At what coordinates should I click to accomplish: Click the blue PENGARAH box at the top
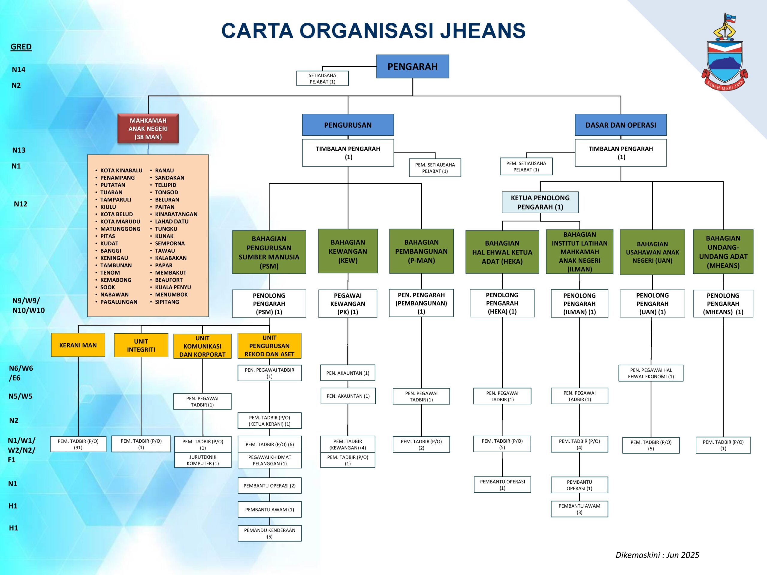pos(412,66)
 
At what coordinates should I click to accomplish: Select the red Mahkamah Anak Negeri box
pos(148,128)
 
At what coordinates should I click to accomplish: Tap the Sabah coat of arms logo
pos(724,55)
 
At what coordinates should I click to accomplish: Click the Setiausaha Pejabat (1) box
pos(322,78)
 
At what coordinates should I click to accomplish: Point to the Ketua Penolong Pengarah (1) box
pos(540,202)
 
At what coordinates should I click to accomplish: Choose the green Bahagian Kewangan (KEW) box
pos(348,251)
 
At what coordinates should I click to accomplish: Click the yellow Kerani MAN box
pos(78,345)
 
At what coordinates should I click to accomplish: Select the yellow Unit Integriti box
pos(141,345)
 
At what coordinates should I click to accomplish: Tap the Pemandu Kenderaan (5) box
pos(269,533)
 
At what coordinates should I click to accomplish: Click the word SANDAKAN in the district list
pos(170,178)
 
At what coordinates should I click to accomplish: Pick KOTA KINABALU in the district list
pos(121,170)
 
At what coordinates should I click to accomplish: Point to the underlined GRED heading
pos(21,47)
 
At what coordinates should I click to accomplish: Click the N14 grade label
pos(19,70)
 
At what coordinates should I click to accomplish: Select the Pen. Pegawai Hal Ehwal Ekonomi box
pos(651,373)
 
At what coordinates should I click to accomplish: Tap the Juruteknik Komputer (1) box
pos(203,460)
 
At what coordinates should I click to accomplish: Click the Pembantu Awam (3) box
pos(579,509)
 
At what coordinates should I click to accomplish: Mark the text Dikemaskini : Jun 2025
pos(657,555)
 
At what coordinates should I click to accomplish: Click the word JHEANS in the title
pos(483,31)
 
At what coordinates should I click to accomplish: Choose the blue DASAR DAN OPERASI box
pos(621,125)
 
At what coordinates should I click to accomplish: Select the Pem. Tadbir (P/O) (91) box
pos(78,444)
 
